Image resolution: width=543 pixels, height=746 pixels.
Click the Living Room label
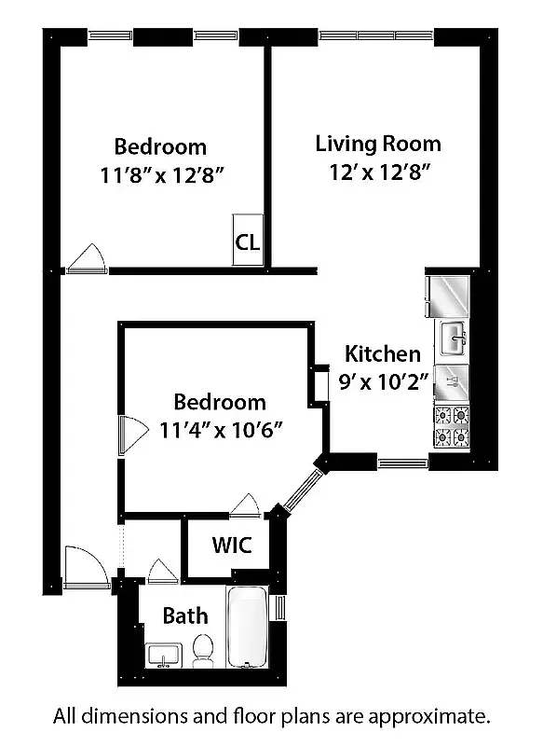click(377, 144)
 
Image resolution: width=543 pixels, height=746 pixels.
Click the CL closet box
click(247, 242)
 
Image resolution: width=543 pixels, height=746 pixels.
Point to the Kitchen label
click(382, 354)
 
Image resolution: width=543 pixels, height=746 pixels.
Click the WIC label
click(232, 546)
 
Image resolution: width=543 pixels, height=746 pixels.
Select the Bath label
click(185, 616)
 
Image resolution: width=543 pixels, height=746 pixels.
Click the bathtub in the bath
click(248, 628)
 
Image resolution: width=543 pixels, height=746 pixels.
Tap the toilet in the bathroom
click(202, 649)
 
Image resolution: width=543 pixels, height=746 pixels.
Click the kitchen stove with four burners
click(452, 427)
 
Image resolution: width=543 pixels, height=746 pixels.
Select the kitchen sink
click(454, 337)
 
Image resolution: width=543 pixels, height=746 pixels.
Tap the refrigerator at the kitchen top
click(451, 294)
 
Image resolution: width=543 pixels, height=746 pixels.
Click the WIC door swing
click(245, 504)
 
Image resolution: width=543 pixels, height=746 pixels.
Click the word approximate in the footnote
click(428, 716)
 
